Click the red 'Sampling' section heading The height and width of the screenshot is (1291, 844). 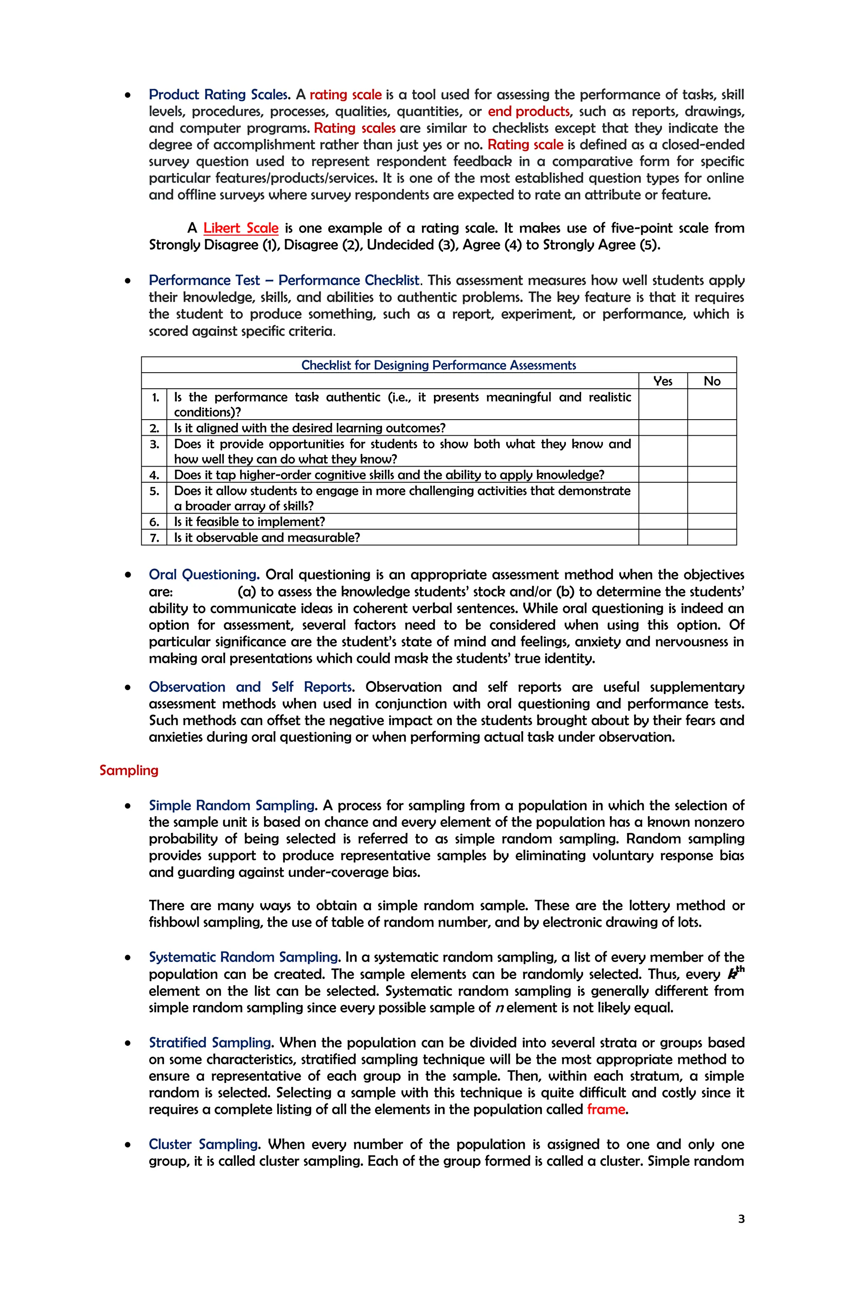(x=129, y=770)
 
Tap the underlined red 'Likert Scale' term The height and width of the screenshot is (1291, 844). (x=241, y=228)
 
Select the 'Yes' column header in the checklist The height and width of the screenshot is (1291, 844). (x=662, y=381)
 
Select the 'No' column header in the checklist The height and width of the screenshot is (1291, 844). (x=712, y=381)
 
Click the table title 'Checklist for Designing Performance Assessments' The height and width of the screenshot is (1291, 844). (x=438, y=365)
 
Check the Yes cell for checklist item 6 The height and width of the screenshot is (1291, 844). (x=662, y=521)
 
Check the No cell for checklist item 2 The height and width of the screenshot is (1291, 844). (x=712, y=427)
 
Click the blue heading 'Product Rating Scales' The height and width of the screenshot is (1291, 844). (x=218, y=94)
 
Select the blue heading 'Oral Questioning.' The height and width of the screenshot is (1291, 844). (x=204, y=575)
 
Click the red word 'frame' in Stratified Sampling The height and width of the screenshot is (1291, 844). (x=605, y=1109)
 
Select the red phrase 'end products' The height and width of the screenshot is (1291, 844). (x=528, y=111)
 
